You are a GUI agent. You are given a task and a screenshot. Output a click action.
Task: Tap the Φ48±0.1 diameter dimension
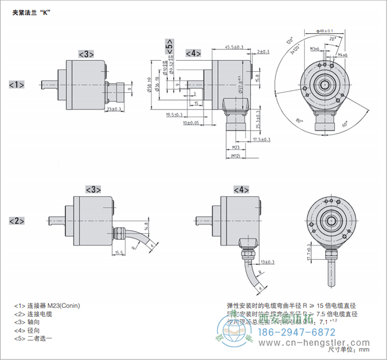click(x=325, y=31)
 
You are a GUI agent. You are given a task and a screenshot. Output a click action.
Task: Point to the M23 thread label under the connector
click(x=236, y=148)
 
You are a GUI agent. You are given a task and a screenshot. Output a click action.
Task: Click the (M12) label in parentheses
click(x=236, y=156)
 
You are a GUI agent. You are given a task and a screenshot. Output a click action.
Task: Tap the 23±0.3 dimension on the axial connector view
click(x=113, y=109)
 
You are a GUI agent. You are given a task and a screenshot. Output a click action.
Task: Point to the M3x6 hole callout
click(x=315, y=49)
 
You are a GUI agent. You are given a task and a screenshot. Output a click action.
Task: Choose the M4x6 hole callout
click(x=342, y=55)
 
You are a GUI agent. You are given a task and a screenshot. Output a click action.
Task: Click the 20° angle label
click(x=332, y=39)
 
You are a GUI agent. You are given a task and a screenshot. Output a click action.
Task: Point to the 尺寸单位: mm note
click(x=348, y=349)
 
